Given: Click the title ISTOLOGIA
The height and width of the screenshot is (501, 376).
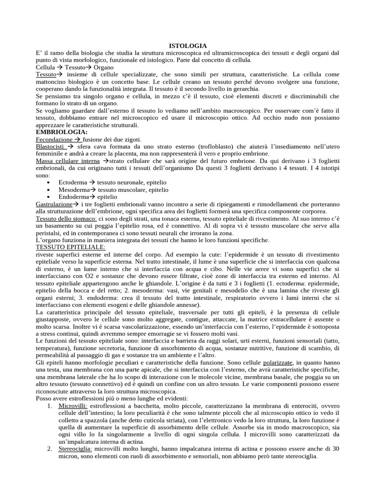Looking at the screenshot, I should click(188, 46).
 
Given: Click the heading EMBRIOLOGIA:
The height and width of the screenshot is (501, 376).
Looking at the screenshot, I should click(62, 132).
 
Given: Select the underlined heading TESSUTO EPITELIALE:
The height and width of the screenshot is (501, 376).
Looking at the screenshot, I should click(70, 248).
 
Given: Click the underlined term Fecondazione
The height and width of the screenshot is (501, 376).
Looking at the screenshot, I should click(54, 139).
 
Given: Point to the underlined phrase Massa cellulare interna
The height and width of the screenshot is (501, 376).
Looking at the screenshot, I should click(68, 160).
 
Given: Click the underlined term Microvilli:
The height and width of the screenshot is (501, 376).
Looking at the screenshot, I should click(73, 406).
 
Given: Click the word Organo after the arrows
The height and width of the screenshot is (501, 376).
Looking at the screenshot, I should click(104, 67).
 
